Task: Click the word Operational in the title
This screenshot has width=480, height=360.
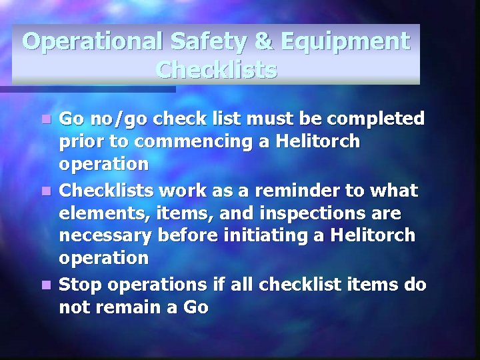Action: pyautogui.click(x=89, y=41)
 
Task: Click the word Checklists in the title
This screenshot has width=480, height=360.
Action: pyautogui.click(x=216, y=69)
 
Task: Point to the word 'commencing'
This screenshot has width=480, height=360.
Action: pyautogui.click(x=193, y=142)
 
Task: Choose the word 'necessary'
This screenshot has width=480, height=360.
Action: pyautogui.click(x=105, y=237)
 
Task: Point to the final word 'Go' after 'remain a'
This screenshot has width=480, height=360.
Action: pyautogui.click(x=195, y=307)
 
